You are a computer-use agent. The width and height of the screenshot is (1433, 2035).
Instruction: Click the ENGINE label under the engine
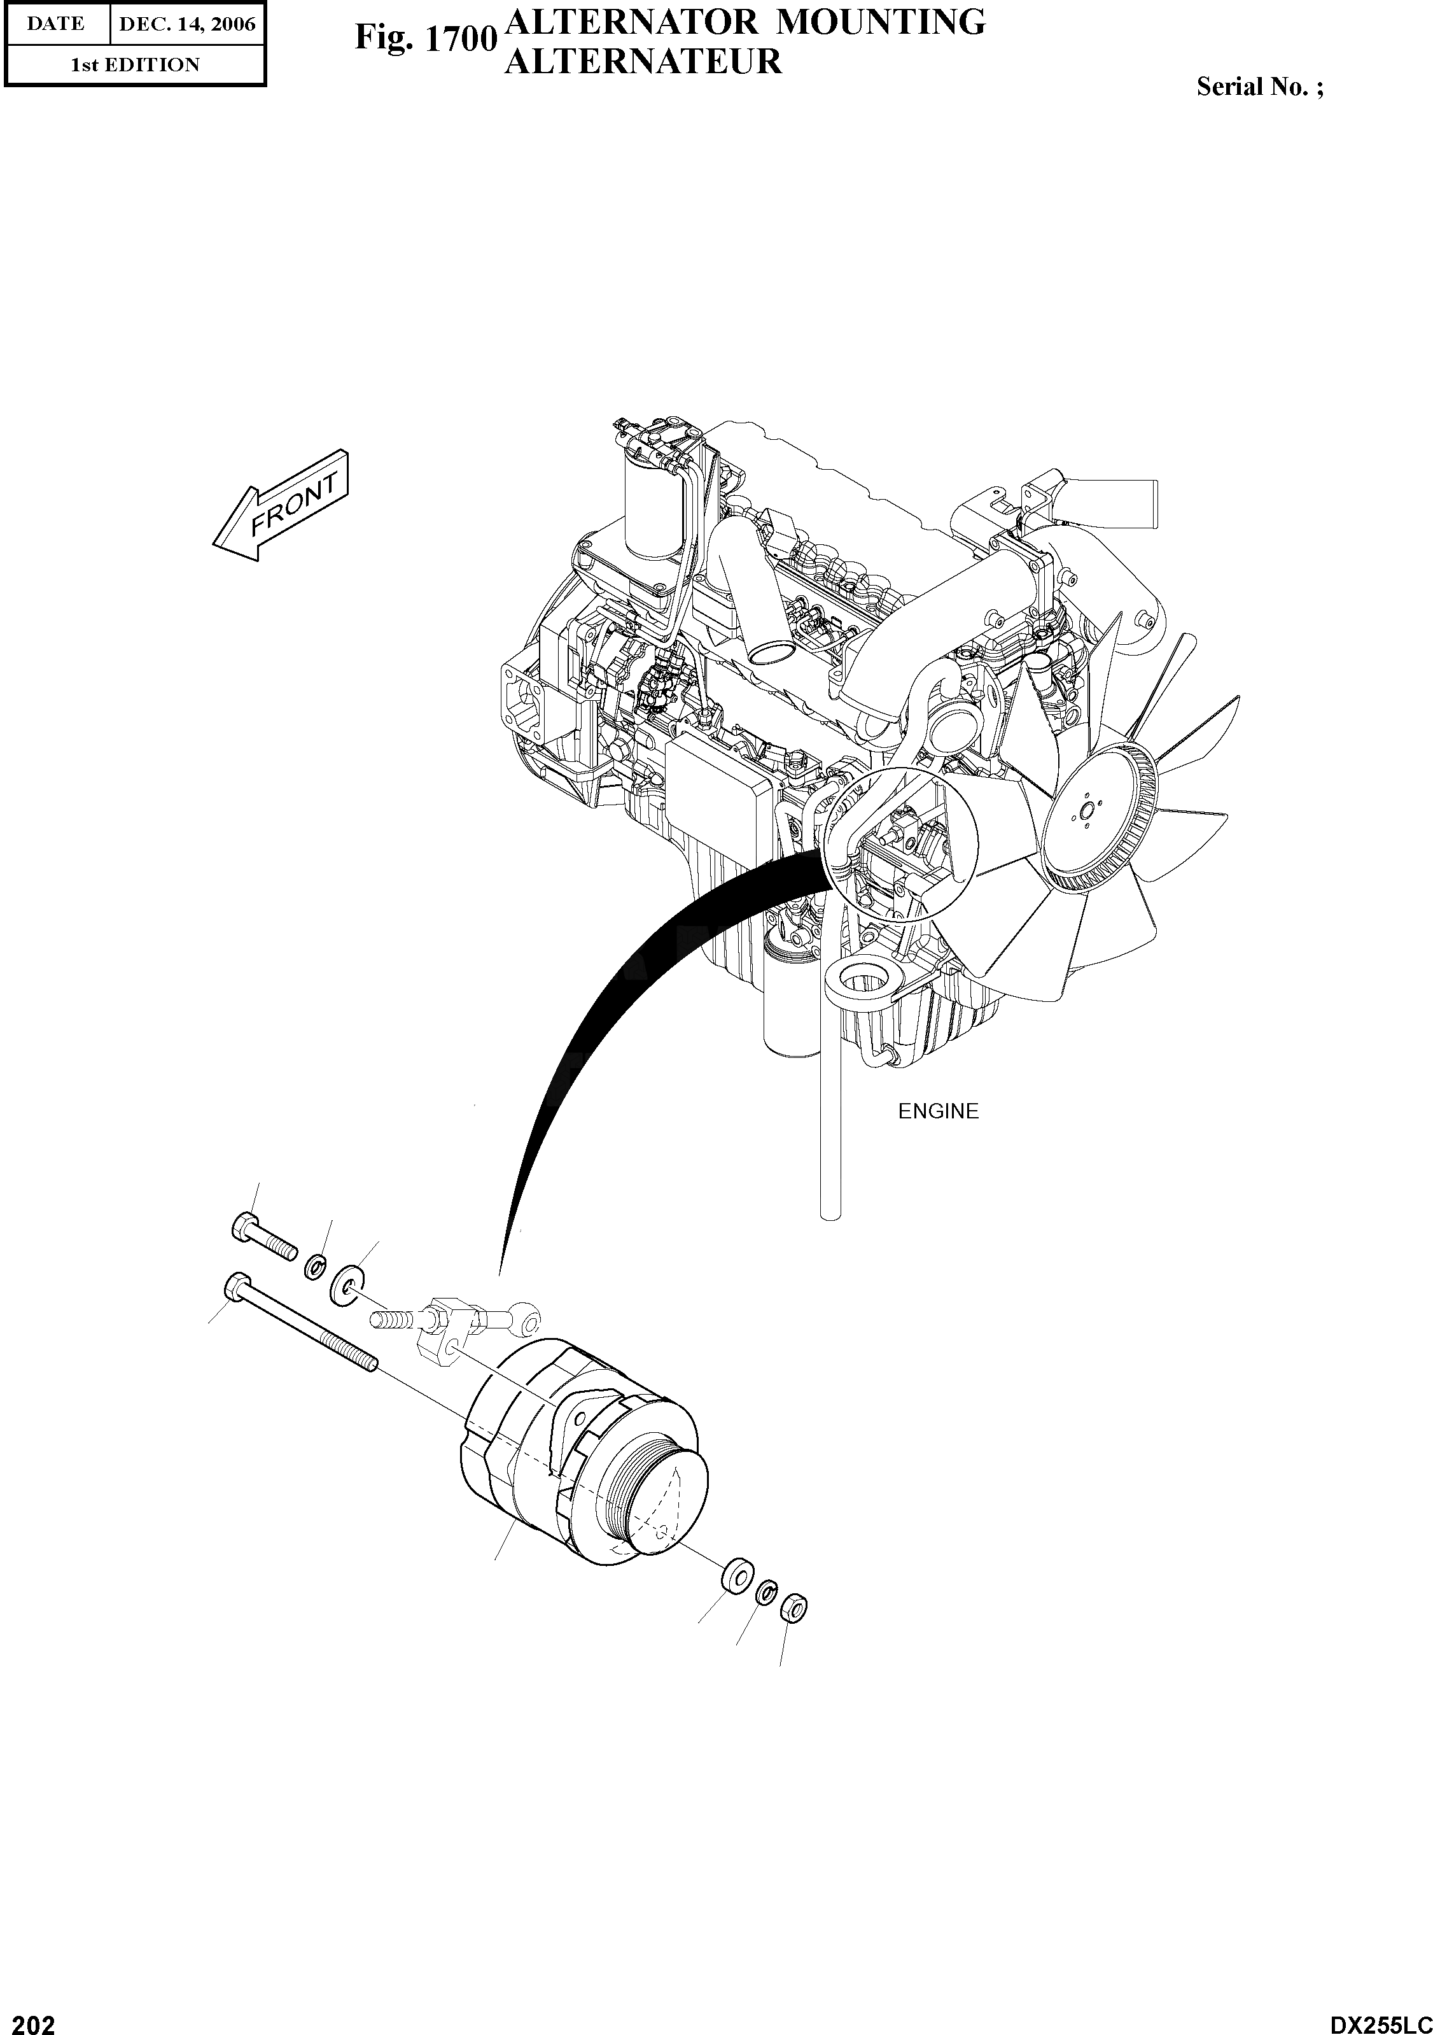(937, 1111)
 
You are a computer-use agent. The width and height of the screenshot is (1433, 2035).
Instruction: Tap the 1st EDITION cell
(135, 65)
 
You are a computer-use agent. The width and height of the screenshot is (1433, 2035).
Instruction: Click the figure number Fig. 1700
(424, 38)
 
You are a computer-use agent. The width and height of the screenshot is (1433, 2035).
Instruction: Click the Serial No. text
(1259, 87)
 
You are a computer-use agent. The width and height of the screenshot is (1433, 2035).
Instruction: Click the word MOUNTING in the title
(879, 21)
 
